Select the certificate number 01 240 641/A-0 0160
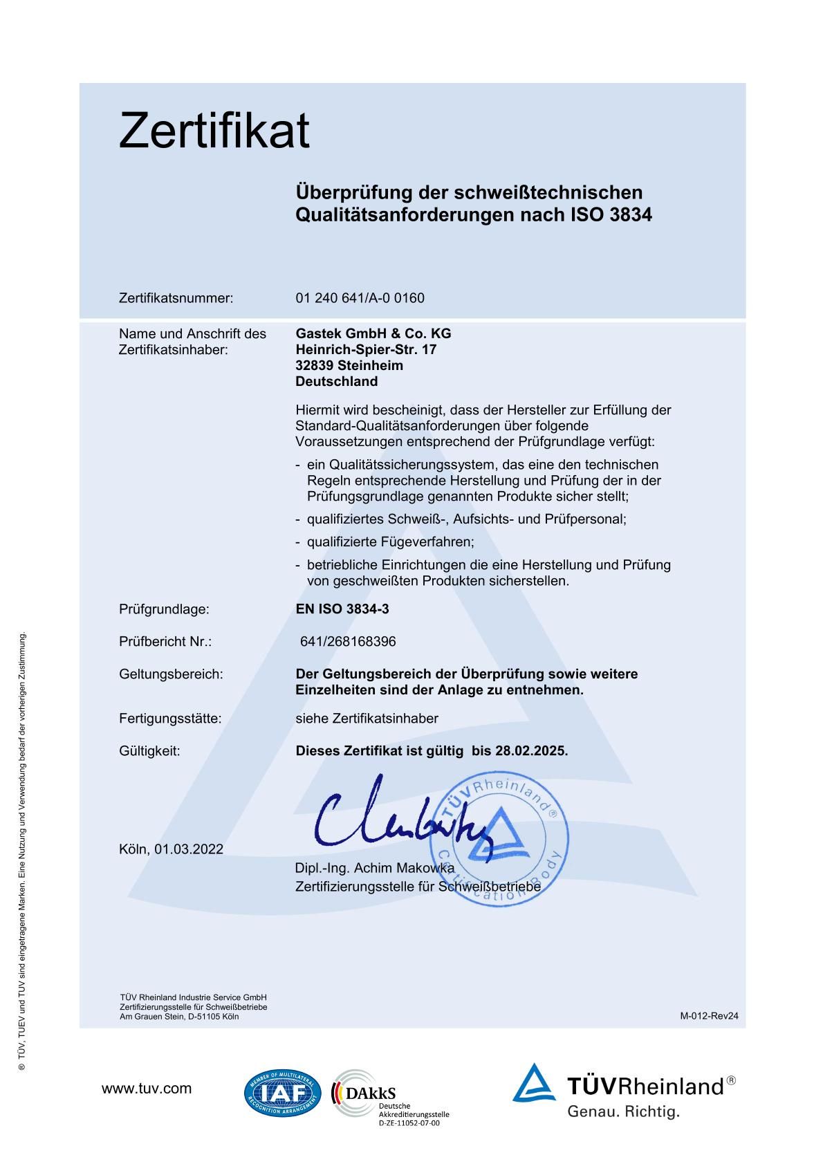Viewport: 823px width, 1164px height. [360, 298]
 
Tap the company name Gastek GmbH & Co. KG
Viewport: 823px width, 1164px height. [373, 333]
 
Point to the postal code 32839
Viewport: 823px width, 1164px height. [313, 365]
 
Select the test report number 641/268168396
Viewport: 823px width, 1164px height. [348, 642]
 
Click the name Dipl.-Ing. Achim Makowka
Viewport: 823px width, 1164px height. [374, 868]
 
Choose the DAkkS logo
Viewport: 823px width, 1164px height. [367, 1093]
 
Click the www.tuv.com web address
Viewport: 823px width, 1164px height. [147, 1089]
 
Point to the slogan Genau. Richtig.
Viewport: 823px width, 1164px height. [623, 1112]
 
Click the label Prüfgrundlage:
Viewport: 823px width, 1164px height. [164, 609]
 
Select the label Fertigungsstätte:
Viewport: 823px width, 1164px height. [170, 719]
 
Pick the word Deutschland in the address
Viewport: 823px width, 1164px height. [336, 381]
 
